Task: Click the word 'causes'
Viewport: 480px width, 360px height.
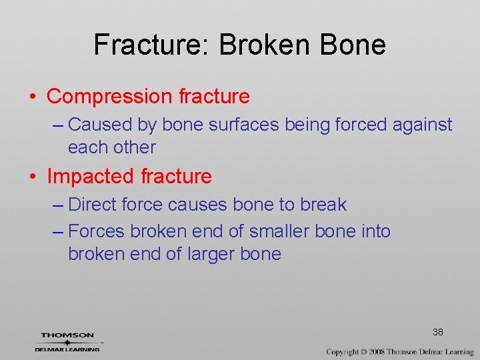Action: (x=195, y=205)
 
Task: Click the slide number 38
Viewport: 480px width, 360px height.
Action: (x=438, y=332)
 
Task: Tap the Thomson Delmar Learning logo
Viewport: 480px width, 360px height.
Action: (x=67, y=341)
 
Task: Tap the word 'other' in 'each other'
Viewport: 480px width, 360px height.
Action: (x=136, y=147)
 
